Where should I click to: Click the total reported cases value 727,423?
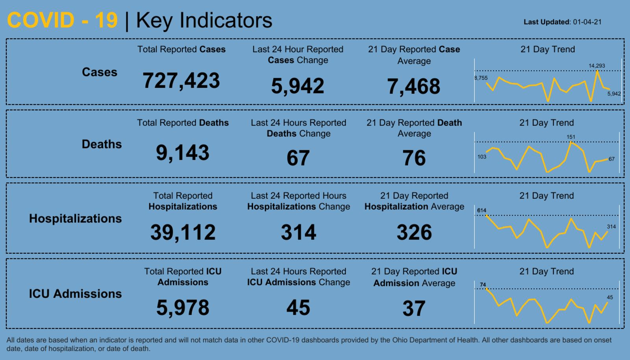[181, 80]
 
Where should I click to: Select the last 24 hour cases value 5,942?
[298, 86]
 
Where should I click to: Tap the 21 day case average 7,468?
[413, 86]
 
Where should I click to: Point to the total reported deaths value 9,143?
[182, 152]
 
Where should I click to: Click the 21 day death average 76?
[414, 158]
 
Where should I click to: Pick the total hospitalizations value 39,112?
[183, 232]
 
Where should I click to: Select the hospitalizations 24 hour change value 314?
[298, 232]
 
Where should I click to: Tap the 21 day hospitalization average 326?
[414, 232]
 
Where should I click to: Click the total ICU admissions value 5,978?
[183, 307]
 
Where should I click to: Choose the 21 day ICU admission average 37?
[414, 308]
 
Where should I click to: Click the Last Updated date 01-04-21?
[587, 22]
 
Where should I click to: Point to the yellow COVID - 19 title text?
[62, 20]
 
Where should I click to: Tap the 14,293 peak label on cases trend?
[597, 66]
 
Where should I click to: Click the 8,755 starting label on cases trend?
[481, 78]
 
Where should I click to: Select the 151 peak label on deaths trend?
[571, 137]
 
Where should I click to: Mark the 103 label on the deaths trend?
[482, 157]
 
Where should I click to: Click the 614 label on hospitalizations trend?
[482, 210]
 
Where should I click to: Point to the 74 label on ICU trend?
[483, 284]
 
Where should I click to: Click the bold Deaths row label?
[102, 144]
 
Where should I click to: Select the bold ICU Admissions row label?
[75, 294]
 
